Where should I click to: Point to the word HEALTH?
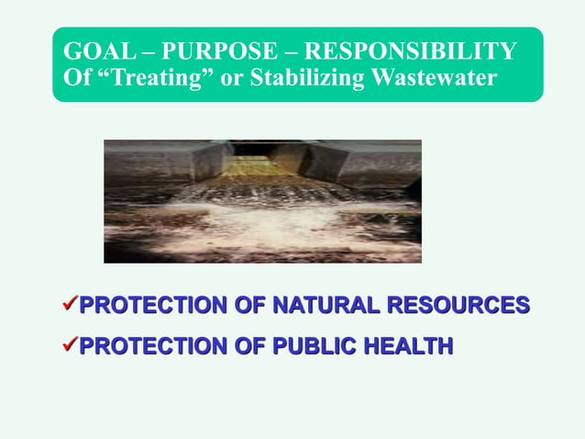click(403, 346)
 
